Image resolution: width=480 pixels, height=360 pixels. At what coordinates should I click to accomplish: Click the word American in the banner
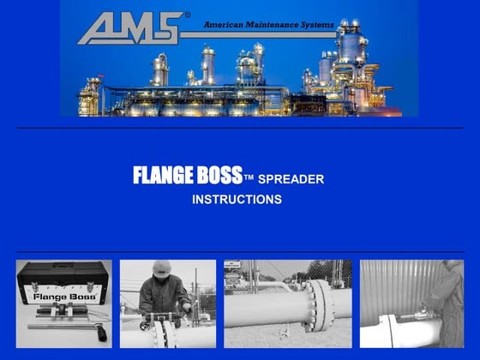224,25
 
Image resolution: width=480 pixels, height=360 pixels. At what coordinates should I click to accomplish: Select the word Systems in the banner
315,25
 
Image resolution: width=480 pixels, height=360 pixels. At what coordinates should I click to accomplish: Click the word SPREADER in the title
291,179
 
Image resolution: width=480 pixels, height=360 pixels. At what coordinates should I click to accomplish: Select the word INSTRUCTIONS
237,200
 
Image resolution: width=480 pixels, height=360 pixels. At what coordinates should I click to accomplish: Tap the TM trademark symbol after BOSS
249,178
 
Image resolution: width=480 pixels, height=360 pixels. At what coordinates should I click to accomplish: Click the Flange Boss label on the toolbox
63,297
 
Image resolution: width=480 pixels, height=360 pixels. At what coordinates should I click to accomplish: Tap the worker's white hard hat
161,268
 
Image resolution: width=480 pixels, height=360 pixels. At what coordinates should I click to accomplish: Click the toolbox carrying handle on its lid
63,266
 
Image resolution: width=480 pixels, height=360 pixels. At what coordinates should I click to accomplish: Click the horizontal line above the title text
240,128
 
